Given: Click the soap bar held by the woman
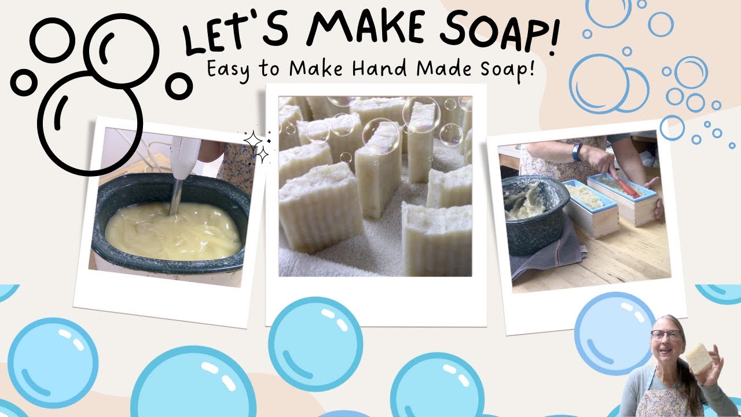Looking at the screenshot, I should [x=699, y=359].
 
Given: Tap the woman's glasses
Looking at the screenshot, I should [x=666, y=334].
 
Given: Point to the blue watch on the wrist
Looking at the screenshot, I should [x=577, y=152].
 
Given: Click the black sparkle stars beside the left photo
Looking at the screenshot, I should [x=256, y=147].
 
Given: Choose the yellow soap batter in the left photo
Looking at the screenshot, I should [x=174, y=232].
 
